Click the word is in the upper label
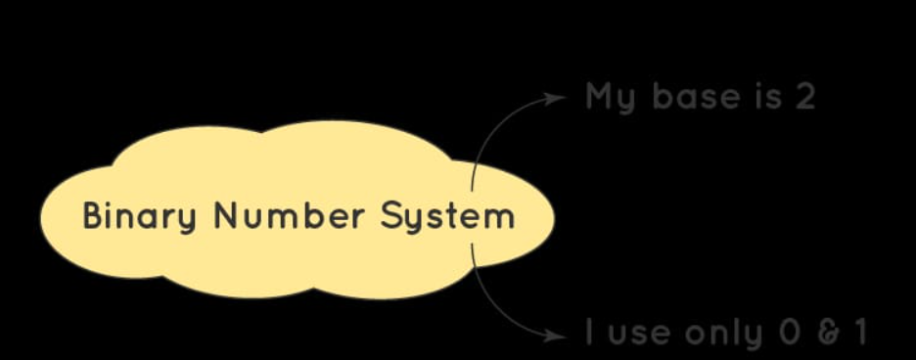pyautogui.click(x=765, y=97)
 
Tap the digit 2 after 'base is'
pyautogui.click(x=804, y=97)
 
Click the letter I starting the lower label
pyautogui.click(x=589, y=333)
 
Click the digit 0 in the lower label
pyautogui.click(x=790, y=333)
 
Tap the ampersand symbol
pyautogui.click(x=829, y=333)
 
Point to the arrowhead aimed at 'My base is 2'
pyautogui.click(x=558, y=97)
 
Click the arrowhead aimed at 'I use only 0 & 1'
pyautogui.click(x=558, y=335)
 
